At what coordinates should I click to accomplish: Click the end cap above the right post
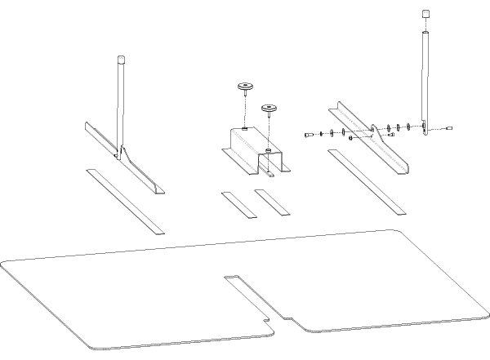tap(425, 14)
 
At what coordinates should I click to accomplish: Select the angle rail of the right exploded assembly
tap(367, 139)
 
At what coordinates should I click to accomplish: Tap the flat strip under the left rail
tap(126, 201)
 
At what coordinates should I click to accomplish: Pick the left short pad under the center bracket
tap(238, 204)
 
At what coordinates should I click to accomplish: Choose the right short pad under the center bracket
tap(272, 202)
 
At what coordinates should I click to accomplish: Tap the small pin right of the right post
tap(450, 128)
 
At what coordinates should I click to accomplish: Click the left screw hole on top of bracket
tap(245, 129)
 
